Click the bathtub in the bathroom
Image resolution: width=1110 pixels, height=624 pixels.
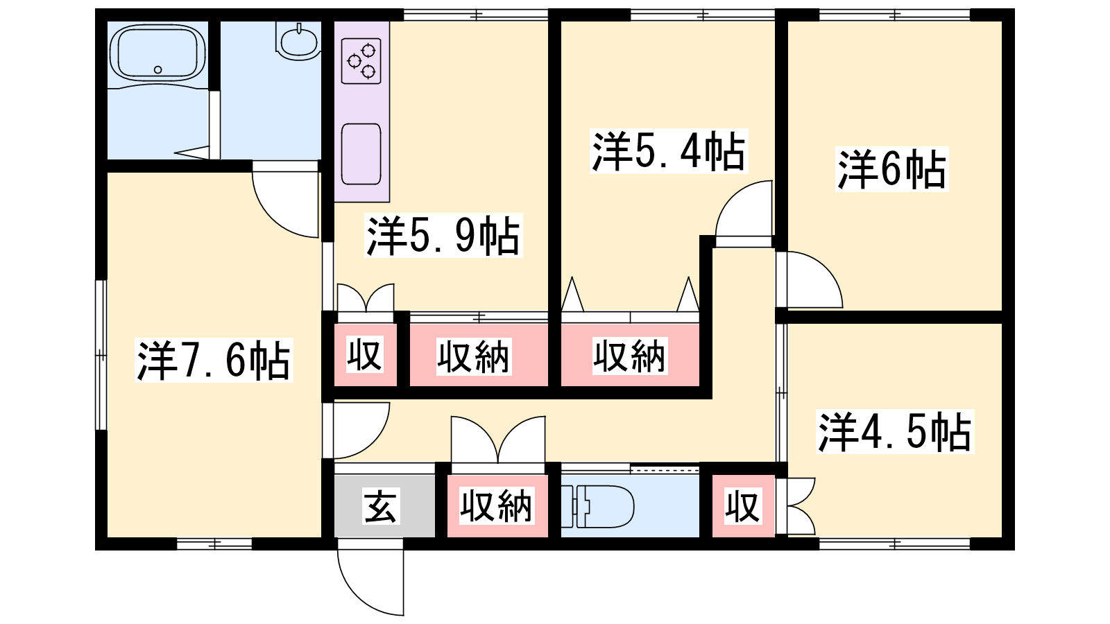click(157, 52)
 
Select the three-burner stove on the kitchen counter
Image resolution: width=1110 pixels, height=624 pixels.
click(361, 60)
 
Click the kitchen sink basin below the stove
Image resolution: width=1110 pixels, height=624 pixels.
click(361, 154)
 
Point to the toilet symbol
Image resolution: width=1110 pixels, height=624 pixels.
click(597, 506)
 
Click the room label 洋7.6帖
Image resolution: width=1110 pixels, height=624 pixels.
click(214, 360)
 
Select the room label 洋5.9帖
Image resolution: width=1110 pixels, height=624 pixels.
click(443, 235)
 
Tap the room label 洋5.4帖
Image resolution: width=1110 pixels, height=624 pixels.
click(669, 151)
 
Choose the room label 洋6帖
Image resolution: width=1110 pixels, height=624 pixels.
click(891, 169)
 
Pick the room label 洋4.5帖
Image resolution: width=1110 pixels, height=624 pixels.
click(895, 431)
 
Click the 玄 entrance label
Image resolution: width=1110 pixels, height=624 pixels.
click(380, 506)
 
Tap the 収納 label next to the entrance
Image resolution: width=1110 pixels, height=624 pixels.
click(497, 506)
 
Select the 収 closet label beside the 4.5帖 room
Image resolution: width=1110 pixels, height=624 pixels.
click(742, 506)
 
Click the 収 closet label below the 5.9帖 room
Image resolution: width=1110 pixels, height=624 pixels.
click(365, 354)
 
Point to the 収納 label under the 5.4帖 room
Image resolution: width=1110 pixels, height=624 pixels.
click(630, 356)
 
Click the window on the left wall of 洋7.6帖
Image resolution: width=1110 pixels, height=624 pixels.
click(101, 355)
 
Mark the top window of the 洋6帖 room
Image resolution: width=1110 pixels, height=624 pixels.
click(894, 15)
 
